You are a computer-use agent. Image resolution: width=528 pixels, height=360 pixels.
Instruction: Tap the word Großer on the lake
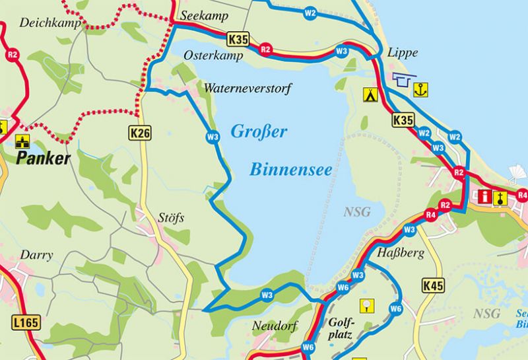coord(259,131)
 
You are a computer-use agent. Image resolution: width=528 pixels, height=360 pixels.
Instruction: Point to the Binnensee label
coord(291,170)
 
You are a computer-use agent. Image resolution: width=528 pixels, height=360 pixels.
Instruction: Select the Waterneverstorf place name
coord(247,88)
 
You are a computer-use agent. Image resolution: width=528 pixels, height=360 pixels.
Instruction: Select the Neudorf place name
coord(275,326)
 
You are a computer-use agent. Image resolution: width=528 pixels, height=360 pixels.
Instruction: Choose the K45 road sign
coord(432,285)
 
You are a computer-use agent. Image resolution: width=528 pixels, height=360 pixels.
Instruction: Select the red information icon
coord(486,196)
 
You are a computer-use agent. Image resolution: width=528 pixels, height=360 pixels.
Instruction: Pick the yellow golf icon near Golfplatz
coord(366,305)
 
